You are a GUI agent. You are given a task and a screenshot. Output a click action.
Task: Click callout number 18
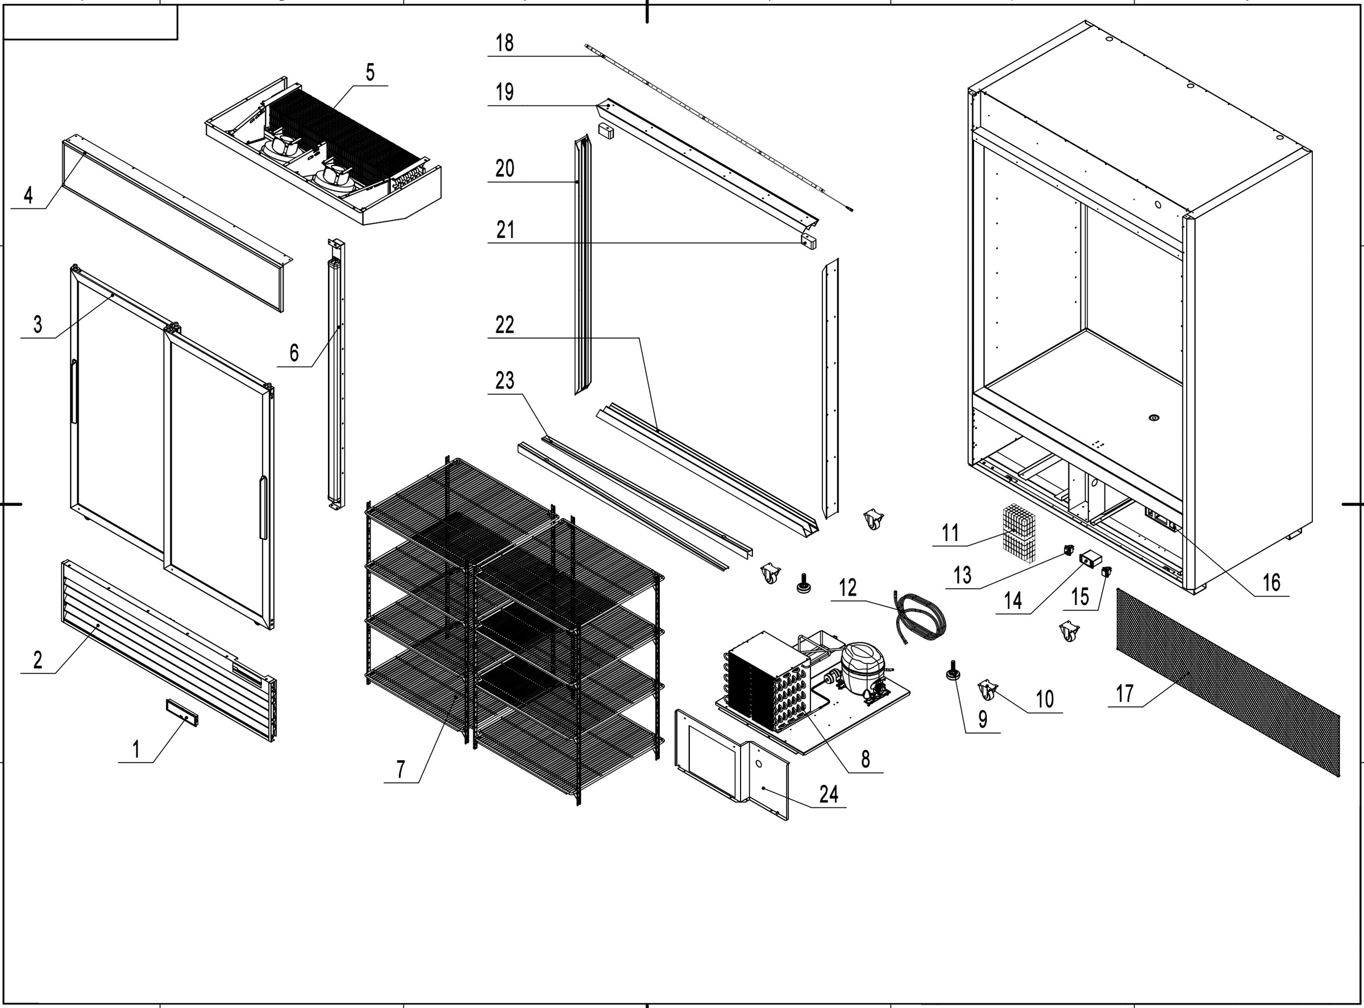click(505, 43)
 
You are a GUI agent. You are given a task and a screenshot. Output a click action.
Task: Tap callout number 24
click(829, 794)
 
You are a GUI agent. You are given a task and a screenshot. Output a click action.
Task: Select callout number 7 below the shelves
click(400, 769)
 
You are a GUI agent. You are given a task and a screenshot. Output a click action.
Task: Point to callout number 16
click(1271, 582)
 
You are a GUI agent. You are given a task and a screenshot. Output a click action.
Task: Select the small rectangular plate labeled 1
click(181, 712)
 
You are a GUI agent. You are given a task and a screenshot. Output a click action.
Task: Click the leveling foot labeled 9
click(951, 672)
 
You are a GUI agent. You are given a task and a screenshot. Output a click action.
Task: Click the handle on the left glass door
click(74, 392)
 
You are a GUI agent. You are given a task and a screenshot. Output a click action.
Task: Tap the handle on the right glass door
click(264, 508)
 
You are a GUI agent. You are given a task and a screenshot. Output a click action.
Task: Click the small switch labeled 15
click(1105, 572)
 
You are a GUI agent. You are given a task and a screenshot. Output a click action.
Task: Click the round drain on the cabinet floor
click(1153, 418)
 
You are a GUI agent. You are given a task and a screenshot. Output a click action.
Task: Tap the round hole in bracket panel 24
click(758, 764)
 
